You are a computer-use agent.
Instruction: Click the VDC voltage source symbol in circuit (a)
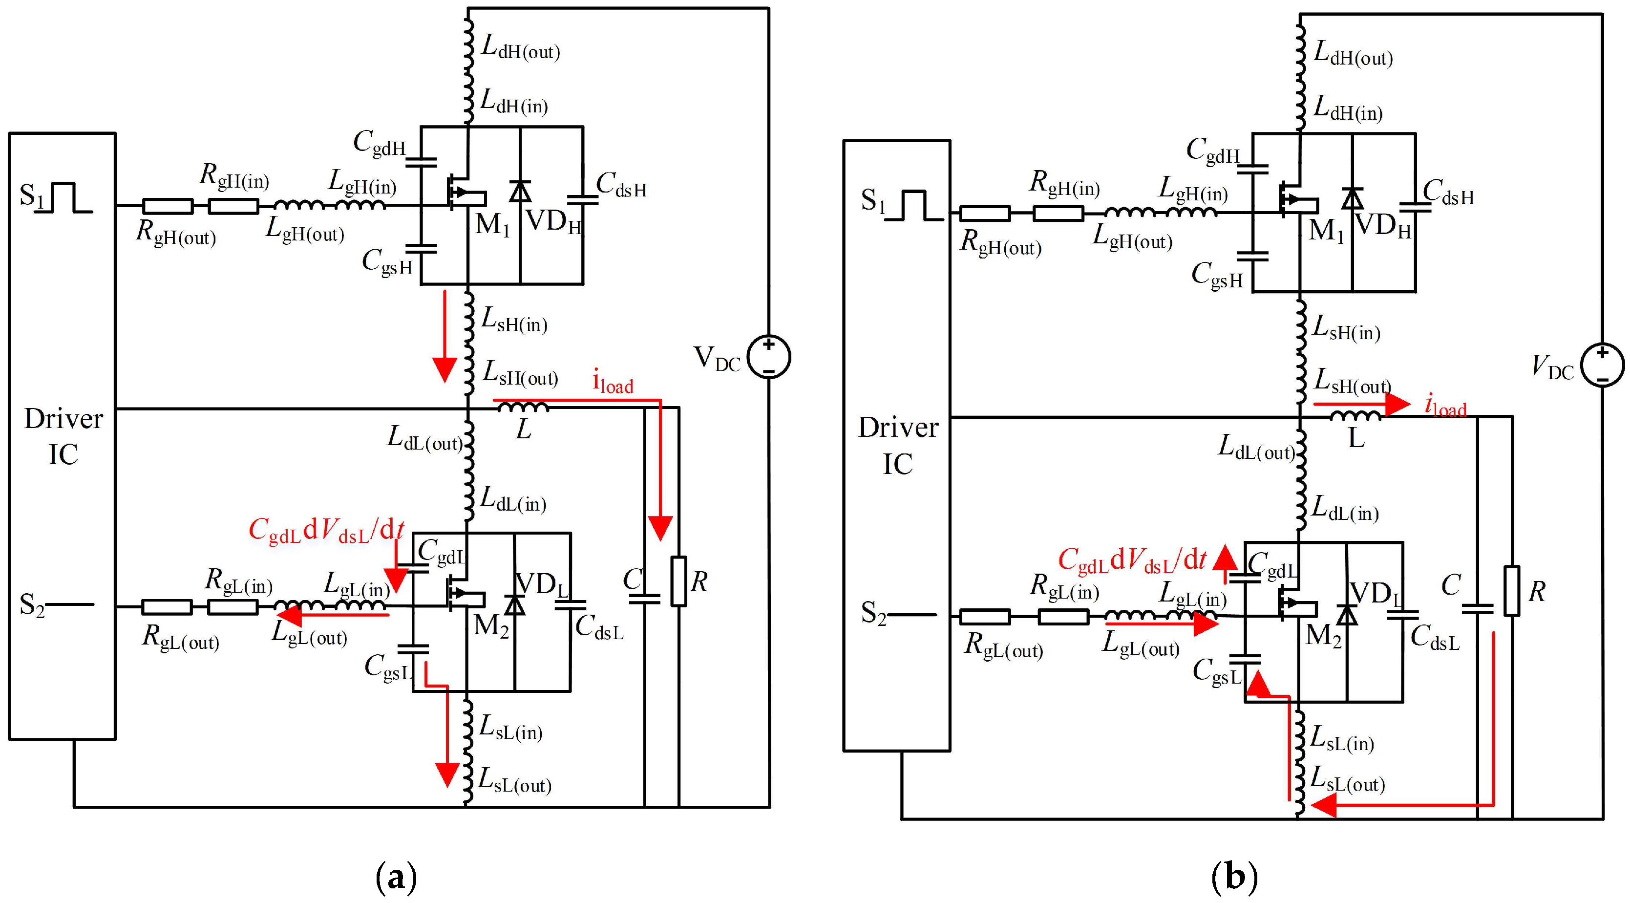769,357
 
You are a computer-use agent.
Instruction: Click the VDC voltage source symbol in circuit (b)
1602,365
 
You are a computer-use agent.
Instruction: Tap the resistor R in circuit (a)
679,581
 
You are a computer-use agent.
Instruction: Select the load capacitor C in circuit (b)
1478,609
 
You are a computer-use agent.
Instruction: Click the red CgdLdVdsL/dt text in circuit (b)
1132,560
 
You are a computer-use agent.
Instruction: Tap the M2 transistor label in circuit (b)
1324,635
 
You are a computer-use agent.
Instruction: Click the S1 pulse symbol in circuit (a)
64,197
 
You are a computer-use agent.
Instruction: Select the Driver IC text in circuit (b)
898,446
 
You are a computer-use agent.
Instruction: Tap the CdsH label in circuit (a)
621,185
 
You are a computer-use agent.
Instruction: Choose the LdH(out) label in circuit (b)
1354,53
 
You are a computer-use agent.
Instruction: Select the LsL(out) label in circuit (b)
1347,779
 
